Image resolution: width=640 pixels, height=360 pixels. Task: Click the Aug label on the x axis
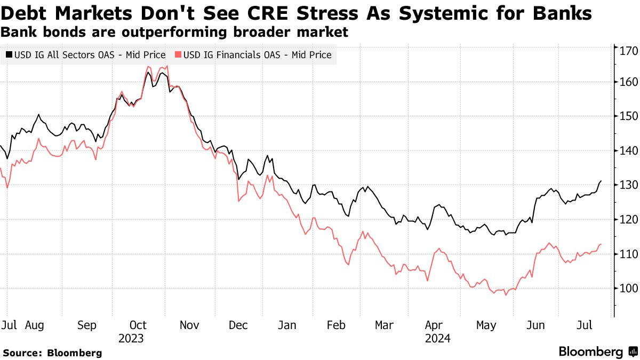35,325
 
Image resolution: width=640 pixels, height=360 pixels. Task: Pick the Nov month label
189,325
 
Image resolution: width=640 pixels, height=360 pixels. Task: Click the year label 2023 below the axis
131,338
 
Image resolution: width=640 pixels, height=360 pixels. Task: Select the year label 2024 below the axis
438,338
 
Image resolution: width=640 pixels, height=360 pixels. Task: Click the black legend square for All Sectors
10,55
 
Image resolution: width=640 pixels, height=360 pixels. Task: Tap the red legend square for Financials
178,55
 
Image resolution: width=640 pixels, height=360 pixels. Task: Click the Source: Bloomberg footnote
52,353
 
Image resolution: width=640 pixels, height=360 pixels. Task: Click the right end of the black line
601,181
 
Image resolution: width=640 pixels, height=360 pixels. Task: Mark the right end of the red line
601,244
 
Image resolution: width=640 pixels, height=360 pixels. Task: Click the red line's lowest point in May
505,295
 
